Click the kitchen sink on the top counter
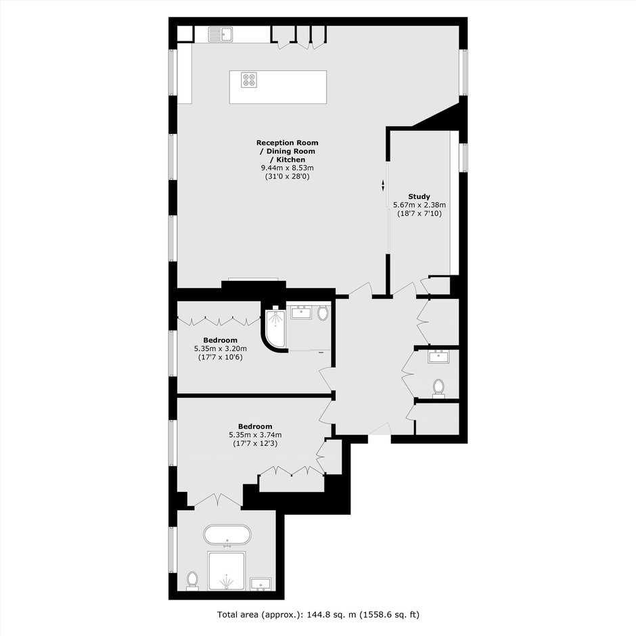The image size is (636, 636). point(221,35)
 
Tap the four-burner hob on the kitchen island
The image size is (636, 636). point(248,80)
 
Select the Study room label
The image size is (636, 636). point(419,197)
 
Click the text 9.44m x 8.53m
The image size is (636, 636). point(287,168)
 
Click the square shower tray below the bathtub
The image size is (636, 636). point(227,570)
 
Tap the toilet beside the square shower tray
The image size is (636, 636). point(192,581)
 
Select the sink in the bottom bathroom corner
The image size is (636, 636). point(260,584)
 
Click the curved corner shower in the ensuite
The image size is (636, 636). point(275,329)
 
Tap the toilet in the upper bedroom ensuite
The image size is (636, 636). point(323,313)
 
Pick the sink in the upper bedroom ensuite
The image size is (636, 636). point(301,313)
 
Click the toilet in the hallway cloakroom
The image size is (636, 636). point(438,388)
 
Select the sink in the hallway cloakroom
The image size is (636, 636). point(438,356)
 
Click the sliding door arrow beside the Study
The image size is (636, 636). point(383,185)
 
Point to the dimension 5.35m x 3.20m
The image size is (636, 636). point(221,348)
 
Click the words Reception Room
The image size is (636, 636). point(287,143)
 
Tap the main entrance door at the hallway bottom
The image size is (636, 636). point(380,429)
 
